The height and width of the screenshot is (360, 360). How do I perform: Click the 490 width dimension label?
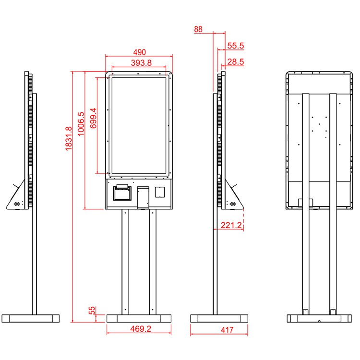[x=140, y=52]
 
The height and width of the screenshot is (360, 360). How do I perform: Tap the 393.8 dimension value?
[x=141, y=63]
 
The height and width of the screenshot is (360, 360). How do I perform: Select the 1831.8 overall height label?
[x=69, y=138]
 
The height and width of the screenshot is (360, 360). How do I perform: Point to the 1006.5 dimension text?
[x=81, y=124]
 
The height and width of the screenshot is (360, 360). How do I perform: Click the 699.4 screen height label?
[x=93, y=118]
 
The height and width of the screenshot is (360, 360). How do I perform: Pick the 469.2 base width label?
[x=141, y=329]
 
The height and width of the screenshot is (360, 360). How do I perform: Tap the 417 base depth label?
[x=227, y=330]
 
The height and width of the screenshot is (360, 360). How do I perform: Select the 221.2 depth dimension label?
[x=231, y=225]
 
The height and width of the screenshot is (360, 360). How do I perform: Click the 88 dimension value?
[x=198, y=29]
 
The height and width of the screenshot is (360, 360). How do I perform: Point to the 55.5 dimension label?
[x=236, y=46]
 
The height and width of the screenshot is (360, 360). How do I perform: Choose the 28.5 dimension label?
[x=236, y=61]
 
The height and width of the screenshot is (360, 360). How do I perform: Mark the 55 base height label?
[x=92, y=311]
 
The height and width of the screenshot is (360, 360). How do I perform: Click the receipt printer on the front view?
[x=122, y=192]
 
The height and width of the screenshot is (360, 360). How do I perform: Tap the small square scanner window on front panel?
[x=160, y=192]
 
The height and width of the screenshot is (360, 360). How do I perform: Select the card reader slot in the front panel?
[x=143, y=198]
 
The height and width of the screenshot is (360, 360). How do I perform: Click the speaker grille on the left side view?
[x=16, y=204]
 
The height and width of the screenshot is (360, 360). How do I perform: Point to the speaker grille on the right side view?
[x=233, y=204]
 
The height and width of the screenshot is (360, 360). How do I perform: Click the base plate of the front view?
[x=139, y=318]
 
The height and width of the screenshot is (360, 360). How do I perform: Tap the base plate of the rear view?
[x=319, y=318]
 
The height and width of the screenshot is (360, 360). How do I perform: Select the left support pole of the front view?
[x=125, y=262]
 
